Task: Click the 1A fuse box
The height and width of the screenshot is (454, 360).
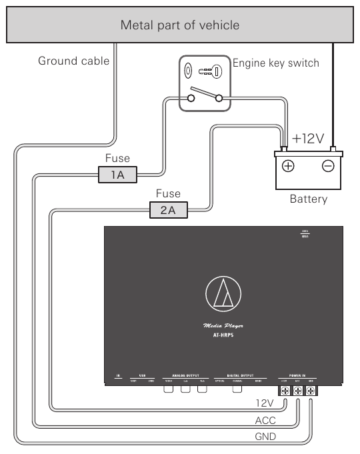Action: pyautogui.click(x=118, y=175)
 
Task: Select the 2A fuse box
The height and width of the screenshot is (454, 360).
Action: pyautogui.click(x=168, y=210)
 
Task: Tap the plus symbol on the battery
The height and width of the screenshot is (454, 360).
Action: pyautogui.click(x=288, y=167)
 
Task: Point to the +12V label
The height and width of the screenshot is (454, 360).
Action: pyautogui.click(x=307, y=139)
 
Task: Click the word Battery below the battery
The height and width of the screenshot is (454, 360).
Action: pyautogui.click(x=308, y=199)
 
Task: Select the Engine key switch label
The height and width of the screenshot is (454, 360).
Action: pyautogui.click(x=275, y=63)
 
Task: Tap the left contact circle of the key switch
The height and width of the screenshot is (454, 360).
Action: pyautogui.click(x=191, y=99)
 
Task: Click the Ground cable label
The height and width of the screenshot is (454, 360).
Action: pyautogui.click(x=73, y=61)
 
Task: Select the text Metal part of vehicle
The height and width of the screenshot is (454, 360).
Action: pyautogui.click(x=179, y=25)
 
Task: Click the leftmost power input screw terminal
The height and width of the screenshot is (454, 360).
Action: pyautogui.click(x=285, y=391)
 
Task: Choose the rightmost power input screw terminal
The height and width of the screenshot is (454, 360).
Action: pyautogui.click(x=311, y=391)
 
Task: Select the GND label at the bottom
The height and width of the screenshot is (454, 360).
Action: pyautogui.click(x=265, y=437)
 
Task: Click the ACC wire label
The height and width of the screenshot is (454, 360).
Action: pyautogui.click(x=265, y=421)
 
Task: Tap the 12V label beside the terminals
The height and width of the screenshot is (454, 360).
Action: pyautogui.click(x=265, y=404)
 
